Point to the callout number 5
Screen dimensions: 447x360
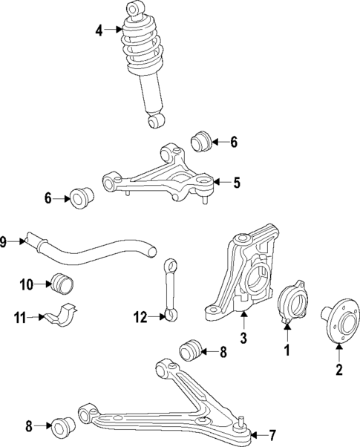coord(236,181)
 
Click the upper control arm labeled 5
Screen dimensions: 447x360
coord(160,178)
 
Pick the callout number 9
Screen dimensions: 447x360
coord(4,241)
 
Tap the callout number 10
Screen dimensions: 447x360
coord(26,284)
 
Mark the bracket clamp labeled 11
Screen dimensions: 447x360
coord(63,315)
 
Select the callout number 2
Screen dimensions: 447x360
coord(338,369)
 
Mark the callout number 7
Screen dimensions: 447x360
coord(272,434)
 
